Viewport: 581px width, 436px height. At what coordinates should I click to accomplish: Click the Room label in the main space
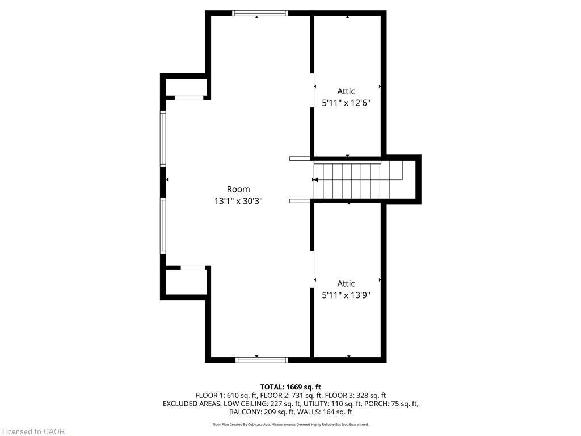point(238,189)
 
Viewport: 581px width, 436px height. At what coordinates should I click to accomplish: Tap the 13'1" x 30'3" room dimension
point(238,201)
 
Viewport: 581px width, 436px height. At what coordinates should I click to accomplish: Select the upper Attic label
point(346,91)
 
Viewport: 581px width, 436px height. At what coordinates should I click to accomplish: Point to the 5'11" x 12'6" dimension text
point(346,103)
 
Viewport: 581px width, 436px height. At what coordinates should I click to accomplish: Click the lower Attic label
point(346,284)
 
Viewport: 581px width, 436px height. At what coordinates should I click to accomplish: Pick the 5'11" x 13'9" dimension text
point(346,295)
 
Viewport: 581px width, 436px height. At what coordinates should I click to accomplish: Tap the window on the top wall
point(260,14)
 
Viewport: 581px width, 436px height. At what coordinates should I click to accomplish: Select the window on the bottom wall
point(262,359)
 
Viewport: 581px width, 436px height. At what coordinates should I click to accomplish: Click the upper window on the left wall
point(163,139)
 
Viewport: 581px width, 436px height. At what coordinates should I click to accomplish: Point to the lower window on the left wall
point(163,225)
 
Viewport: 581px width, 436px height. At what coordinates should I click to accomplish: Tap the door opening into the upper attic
point(312,91)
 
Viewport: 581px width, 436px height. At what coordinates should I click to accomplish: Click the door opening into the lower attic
point(312,270)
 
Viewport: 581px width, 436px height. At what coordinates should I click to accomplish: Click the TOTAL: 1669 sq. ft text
point(290,387)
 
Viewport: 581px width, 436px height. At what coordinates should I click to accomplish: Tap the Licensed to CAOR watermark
point(33,431)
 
